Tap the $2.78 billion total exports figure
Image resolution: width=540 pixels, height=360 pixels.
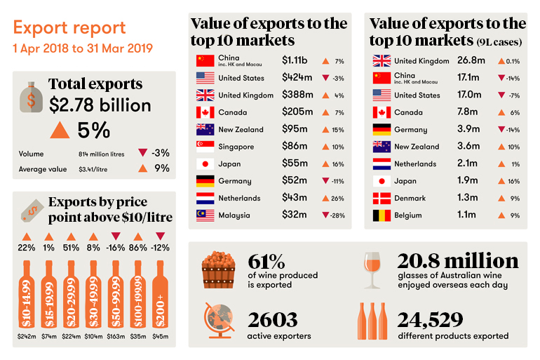click(x=100, y=105)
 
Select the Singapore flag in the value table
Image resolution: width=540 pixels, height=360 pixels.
click(x=205, y=147)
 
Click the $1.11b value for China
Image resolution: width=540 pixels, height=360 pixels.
click(x=295, y=60)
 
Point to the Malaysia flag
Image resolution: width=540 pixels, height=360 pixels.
click(x=205, y=215)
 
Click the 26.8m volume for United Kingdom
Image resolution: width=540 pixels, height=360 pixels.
click(x=469, y=61)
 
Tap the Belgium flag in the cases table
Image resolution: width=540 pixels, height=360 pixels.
click(x=382, y=215)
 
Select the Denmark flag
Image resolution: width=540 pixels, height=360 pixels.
click(x=382, y=198)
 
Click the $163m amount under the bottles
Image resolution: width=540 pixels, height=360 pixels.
click(x=115, y=336)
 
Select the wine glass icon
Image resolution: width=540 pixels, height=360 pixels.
click(x=372, y=269)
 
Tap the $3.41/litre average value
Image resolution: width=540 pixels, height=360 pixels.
click(x=93, y=168)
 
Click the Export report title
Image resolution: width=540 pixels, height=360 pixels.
click(x=69, y=29)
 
